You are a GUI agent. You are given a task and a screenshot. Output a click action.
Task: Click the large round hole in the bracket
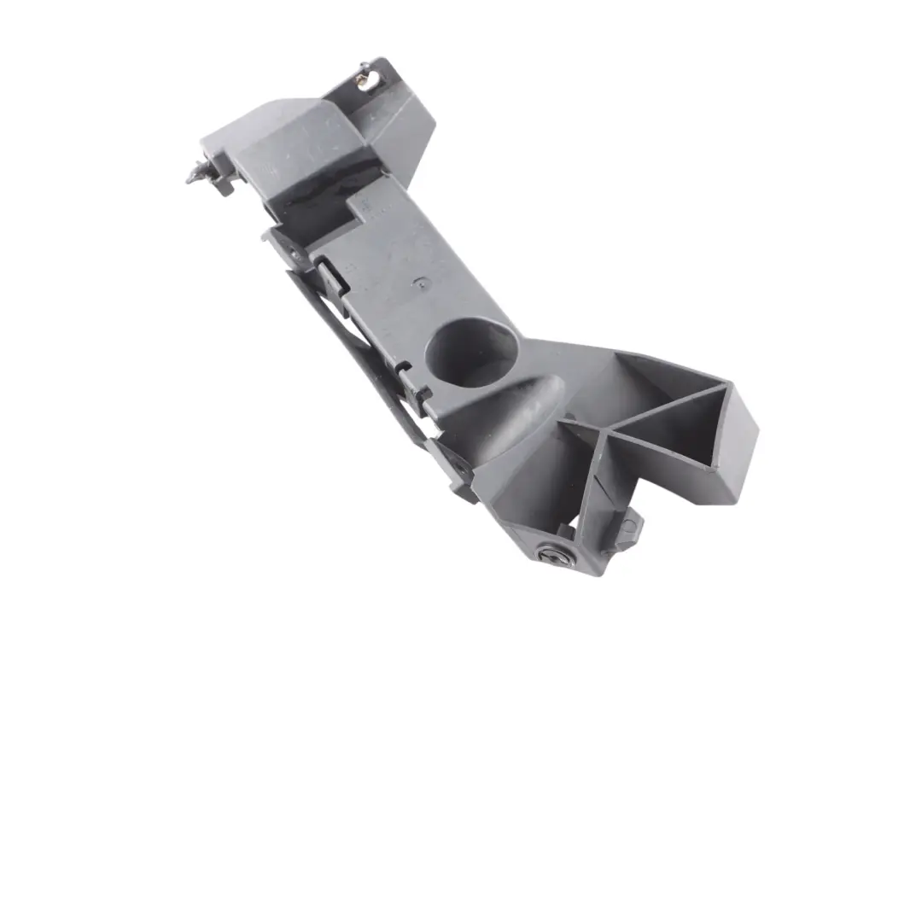tap(470, 352)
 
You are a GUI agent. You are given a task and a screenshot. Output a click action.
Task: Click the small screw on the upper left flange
tap(293, 253)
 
